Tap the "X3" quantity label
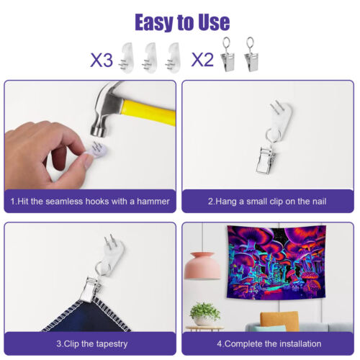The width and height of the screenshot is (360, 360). [x=102, y=60]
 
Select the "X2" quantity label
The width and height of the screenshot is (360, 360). [x=202, y=60]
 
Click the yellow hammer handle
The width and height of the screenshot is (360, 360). [x=148, y=112]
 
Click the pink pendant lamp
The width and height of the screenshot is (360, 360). [x=202, y=266]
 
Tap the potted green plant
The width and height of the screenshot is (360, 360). [x=204, y=314]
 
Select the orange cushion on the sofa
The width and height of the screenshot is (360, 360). [x=279, y=321]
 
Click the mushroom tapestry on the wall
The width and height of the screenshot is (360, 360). [x=276, y=262]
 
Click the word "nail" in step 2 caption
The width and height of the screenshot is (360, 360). [x=318, y=201]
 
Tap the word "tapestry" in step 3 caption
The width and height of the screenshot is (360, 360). [x=112, y=344]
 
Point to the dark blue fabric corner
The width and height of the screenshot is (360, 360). [x=86, y=315]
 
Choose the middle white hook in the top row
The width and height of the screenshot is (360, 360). [x=149, y=58]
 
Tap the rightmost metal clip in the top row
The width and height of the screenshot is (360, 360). [x=251, y=55]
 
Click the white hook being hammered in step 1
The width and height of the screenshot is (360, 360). [x=97, y=150]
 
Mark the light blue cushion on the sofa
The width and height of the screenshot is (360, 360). [x=270, y=328]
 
